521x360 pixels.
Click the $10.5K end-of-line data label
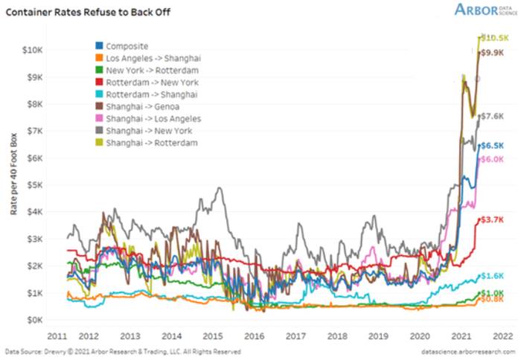pos(494,37)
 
